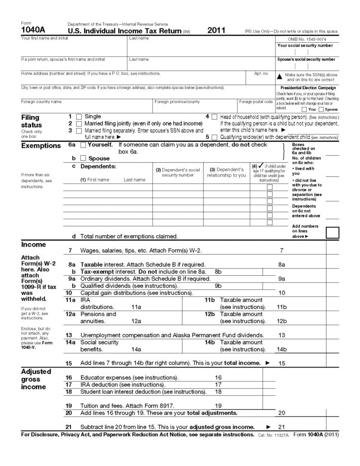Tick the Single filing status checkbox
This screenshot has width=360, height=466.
(79, 117)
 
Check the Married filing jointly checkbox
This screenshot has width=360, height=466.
(79, 123)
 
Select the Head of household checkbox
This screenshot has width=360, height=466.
(214, 117)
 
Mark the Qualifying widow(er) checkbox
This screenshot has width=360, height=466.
(214, 137)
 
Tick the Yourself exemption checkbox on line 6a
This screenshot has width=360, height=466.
(83, 145)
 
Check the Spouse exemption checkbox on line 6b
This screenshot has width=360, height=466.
(83, 158)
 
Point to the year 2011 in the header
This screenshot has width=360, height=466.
(216, 30)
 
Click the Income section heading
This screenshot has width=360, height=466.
(34, 245)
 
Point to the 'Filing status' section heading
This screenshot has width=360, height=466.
(31, 121)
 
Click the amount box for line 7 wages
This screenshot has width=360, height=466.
(308, 250)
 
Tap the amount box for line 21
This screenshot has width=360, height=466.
(308, 427)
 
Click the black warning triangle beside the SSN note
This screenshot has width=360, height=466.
(279, 76)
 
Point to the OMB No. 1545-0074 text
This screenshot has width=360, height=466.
(307, 38)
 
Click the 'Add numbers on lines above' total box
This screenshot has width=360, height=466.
(332, 233)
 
